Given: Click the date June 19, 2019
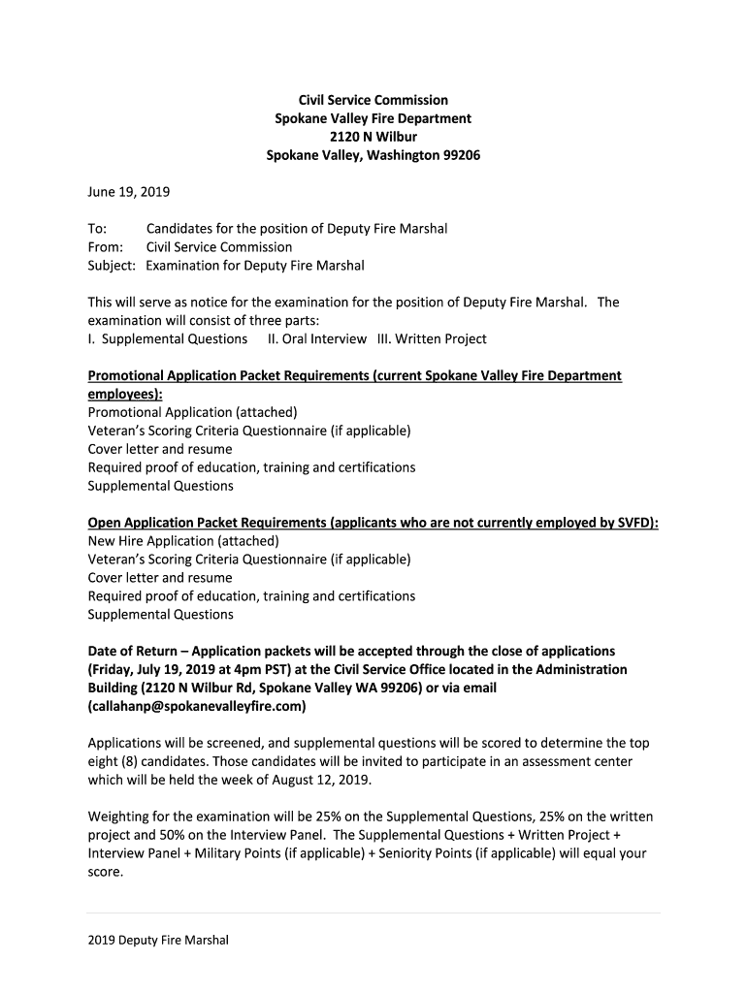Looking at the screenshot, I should pyautogui.click(x=128, y=192).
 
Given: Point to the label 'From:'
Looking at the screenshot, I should pyautogui.click(x=106, y=247).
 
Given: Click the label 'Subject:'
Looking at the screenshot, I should pyautogui.click(x=114, y=266).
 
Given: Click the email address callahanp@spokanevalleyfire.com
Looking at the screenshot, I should pyautogui.click(x=196, y=706).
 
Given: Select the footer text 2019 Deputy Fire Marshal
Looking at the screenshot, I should pyautogui.click(x=158, y=940).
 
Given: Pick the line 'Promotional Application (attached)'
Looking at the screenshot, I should pyautogui.click(x=193, y=412).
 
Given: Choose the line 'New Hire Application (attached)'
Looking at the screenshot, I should pyautogui.click(x=183, y=541).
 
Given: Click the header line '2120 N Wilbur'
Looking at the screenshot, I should pyautogui.click(x=373, y=137).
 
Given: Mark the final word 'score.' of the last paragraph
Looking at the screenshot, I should pyautogui.click(x=106, y=872).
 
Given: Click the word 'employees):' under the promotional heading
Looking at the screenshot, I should pyautogui.click(x=125, y=394).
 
